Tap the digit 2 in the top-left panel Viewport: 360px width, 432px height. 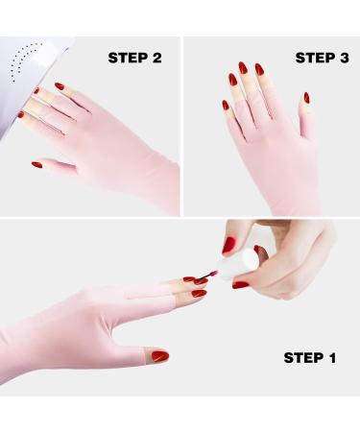[155, 58]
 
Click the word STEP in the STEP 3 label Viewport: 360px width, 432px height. [314, 58]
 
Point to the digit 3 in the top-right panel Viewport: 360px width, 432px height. [343, 58]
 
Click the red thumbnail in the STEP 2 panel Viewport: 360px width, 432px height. [36, 165]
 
